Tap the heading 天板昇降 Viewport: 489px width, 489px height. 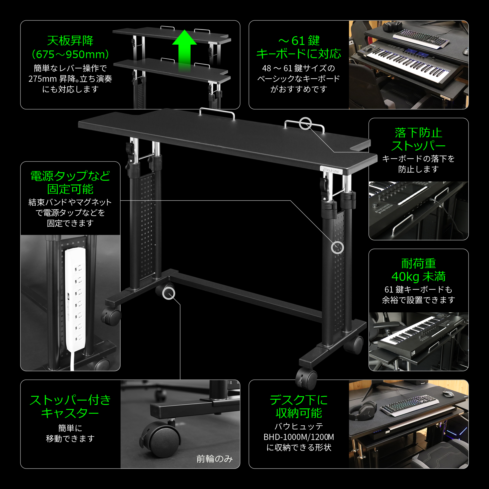[x=70, y=41]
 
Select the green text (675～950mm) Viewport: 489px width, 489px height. [x=70, y=54]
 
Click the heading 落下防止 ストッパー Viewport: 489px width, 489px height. [x=418, y=139]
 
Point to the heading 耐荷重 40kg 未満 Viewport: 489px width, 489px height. [x=418, y=270]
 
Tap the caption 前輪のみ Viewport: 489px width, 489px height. [x=215, y=459]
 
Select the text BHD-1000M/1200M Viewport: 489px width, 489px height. [x=299, y=437]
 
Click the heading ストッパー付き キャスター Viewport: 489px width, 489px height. [x=70, y=406]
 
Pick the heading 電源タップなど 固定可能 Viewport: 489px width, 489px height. [x=70, y=182]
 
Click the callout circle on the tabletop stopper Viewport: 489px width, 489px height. [x=305, y=123]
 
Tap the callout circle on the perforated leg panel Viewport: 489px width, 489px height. [x=337, y=248]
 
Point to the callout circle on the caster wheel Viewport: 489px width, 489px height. [x=169, y=293]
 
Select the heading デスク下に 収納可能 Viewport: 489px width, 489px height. [x=299, y=406]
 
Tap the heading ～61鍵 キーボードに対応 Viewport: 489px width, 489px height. [x=299, y=47]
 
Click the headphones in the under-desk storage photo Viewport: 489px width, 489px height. [x=363, y=409]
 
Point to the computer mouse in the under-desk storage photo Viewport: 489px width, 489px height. [x=448, y=394]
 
